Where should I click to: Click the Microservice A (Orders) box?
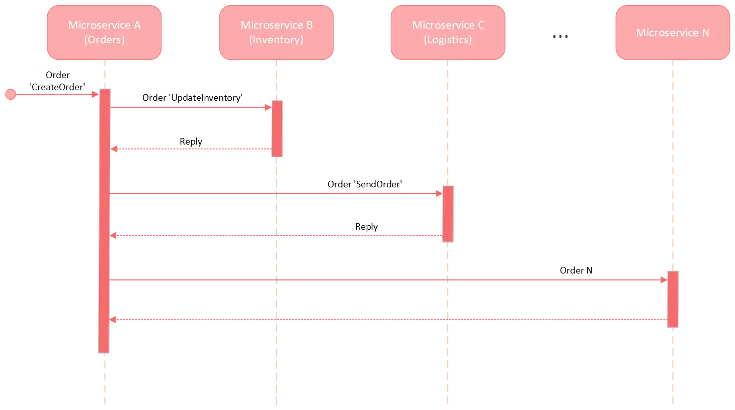[x=104, y=33]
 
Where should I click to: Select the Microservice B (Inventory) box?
[x=276, y=33]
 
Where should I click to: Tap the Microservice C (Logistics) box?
[x=448, y=33]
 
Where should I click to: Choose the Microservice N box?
[x=673, y=33]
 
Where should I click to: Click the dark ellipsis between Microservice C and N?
[x=561, y=36]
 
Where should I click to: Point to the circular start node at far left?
[x=10, y=94]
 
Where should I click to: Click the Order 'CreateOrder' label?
[x=58, y=81]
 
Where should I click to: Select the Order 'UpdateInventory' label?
[x=193, y=98]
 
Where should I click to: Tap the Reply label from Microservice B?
[x=191, y=142]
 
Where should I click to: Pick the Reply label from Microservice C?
[x=366, y=227]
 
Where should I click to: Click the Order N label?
[x=577, y=270]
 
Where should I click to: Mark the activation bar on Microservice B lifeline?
[x=277, y=128]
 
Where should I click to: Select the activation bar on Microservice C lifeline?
[x=448, y=214]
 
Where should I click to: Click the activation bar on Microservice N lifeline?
[x=673, y=299]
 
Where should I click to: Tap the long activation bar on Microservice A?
[x=104, y=222]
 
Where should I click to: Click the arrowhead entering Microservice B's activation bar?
[x=268, y=107]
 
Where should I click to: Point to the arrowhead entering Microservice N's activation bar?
[x=664, y=280]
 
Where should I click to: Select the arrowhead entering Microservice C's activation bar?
[x=439, y=193]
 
